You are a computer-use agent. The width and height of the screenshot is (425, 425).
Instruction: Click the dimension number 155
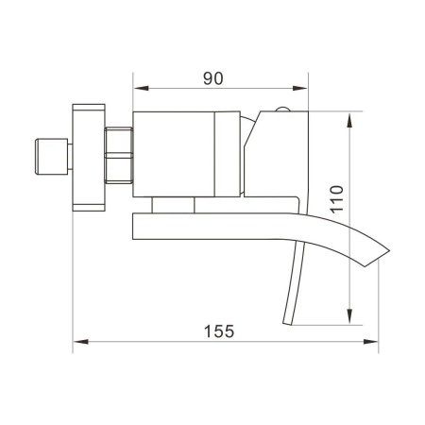click(x=219, y=332)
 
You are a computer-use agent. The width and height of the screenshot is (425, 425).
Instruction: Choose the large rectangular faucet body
click(x=175, y=153)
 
